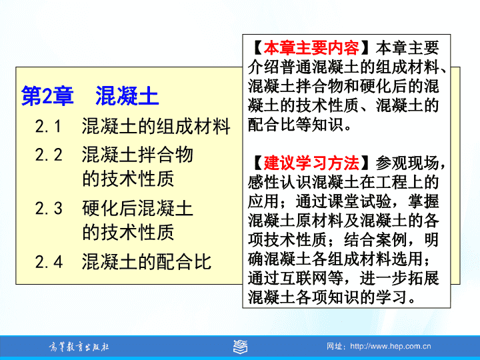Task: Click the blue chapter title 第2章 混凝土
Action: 90,96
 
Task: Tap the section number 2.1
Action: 49,127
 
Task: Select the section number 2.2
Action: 49,154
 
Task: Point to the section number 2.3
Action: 49,208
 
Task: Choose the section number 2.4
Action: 49,262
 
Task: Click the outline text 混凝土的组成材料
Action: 156,126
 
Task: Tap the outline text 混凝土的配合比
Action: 147,262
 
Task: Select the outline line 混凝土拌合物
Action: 137,154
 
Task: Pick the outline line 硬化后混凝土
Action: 137,208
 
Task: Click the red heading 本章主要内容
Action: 311,47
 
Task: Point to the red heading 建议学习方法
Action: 311,163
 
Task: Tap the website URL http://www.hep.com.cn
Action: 390,346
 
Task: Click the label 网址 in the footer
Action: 334,347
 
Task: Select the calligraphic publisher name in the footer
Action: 79,347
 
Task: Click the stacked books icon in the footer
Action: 240,347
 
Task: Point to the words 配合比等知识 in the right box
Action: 295,124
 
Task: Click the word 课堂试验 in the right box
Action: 359,201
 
